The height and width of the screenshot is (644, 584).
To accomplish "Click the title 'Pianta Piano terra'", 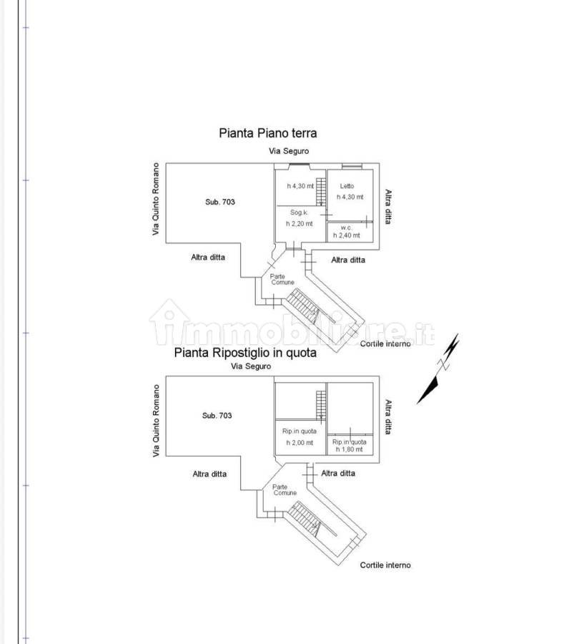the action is tap(267, 133).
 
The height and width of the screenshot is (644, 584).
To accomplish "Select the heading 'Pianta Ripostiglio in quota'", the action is tap(245, 353).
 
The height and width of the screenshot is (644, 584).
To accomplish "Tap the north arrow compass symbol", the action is tap(438, 369).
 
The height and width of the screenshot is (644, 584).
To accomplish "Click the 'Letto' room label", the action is tap(347, 186).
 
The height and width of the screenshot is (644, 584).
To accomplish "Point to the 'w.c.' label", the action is tap(346, 228).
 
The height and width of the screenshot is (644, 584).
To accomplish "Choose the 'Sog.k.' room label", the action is tap(299, 213).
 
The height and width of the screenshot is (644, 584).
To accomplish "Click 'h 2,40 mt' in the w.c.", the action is tap(347, 235).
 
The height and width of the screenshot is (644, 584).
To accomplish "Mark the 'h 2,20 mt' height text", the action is tap(300, 224).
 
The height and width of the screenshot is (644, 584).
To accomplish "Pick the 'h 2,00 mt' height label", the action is tap(300, 443).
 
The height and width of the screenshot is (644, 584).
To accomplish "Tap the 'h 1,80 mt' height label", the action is tap(350, 449).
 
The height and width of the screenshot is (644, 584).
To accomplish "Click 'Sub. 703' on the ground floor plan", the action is tap(220, 202).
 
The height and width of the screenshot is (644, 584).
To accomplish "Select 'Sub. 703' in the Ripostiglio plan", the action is tap(217, 415).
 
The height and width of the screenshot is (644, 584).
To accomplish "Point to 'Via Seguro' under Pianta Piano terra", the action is tap(289, 151).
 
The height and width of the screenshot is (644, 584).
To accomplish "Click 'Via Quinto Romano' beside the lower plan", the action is tap(156, 421).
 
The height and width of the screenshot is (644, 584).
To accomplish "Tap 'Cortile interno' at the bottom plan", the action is tap(385, 565).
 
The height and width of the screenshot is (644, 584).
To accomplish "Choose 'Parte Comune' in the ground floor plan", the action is tap(282, 279).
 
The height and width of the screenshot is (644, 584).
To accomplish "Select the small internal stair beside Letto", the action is tap(322, 191).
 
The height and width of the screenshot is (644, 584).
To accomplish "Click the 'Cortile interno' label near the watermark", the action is tap(385, 343).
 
